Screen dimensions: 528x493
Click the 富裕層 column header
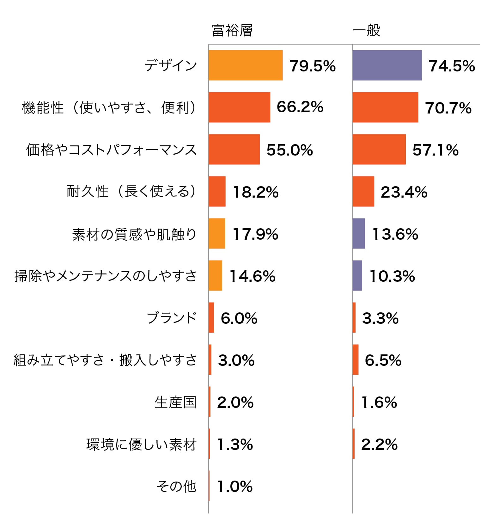(232, 31)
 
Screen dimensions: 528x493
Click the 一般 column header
(366, 31)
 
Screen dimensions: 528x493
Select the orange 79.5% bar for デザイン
(246, 65)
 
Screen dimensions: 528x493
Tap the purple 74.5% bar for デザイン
(387, 65)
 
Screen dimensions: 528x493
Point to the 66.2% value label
(300, 107)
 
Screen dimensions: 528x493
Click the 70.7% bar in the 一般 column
(385, 107)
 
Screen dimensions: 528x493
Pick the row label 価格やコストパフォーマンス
(111, 150)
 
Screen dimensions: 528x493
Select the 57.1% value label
(435, 150)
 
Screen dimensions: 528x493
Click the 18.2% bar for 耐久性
(217, 191)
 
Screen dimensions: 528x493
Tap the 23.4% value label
(404, 192)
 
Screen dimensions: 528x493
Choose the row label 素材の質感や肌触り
(134, 234)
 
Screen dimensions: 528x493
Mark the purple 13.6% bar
(359, 233)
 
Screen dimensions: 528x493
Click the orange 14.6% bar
(215, 275)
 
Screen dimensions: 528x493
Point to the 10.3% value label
(392, 276)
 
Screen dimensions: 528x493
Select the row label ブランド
(172, 318)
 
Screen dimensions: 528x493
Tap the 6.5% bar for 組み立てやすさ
(356, 359)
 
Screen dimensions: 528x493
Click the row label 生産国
(176, 402)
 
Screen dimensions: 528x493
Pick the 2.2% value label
(379, 444)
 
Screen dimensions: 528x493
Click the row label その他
(176, 486)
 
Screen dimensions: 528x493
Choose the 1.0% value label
(235, 486)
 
